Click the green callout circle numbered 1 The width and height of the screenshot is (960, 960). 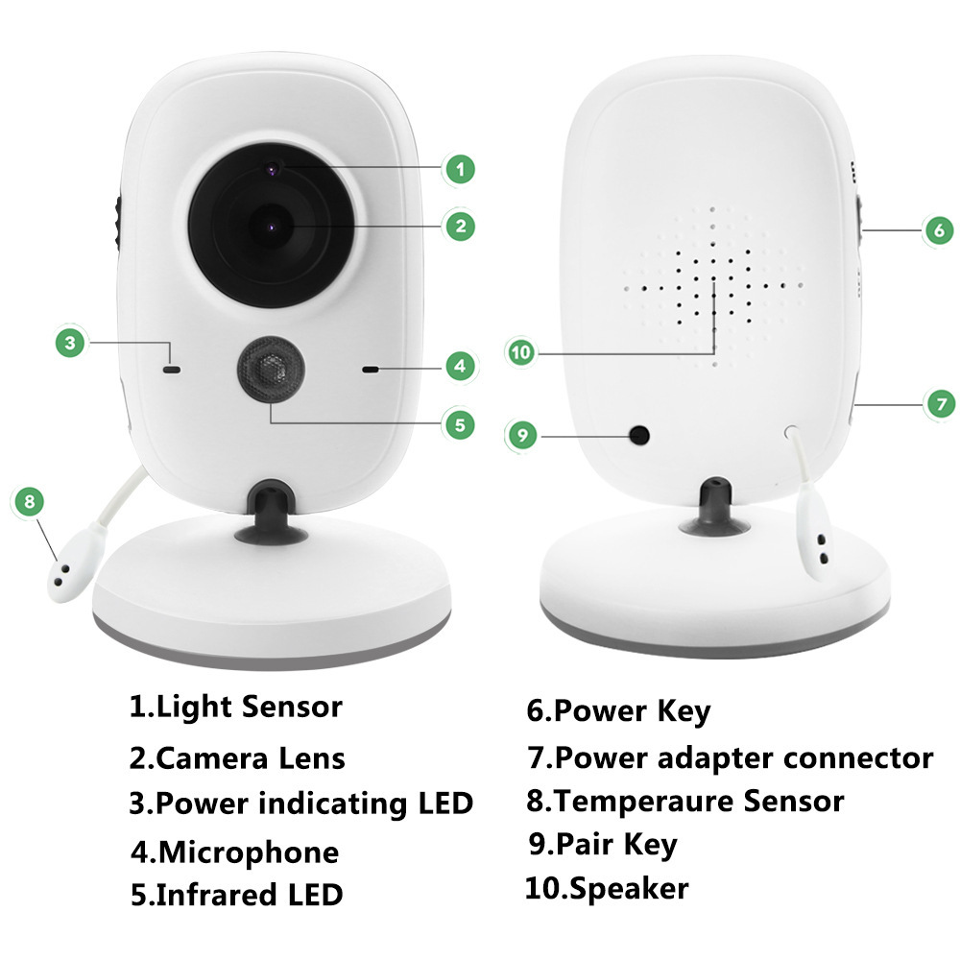(x=460, y=170)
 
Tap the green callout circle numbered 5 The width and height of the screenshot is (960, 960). (x=460, y=423)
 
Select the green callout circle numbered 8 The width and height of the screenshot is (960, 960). (x=30, y=500)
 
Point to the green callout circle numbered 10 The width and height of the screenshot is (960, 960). (x=520, y=353)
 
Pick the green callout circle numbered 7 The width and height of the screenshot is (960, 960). (x=940, y=404)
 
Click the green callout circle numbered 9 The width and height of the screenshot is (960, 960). (x=521, y=435)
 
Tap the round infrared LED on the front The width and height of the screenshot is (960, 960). (x=270, y=369)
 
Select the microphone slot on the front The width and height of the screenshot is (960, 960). (x=370, y=368)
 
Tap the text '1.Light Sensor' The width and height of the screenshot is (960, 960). (x=236, y=708)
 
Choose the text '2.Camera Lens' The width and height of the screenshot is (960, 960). (x=237, y=758)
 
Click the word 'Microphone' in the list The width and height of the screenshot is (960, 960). (x=249, y=852)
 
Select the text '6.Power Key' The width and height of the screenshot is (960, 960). (x=618, y=711)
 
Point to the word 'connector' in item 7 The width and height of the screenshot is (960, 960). (x=858, y=757)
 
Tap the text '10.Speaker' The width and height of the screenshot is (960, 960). (x=606, y=888)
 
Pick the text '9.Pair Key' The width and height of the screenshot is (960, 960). (x=603, y=844)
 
